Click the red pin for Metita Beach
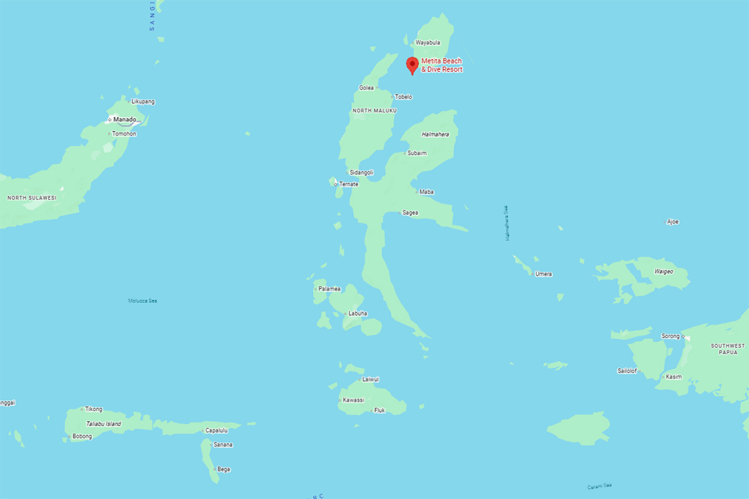coord(412,64)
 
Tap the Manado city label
coord(124,119)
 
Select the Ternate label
coord(348,184)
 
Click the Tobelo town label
coord(403,97)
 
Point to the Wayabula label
coord(428,42)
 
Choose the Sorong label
coord(670,336)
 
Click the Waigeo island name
coord(663,271)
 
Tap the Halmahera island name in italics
coord(435,134)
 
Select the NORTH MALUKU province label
coord(374,110)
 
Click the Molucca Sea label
coord(142,301)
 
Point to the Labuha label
coord(358,313)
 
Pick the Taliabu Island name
coord(104,424)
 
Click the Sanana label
coord(223,445)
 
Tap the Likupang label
coord(143,101)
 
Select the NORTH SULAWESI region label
coord(32,198)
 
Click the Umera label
coord(543,274)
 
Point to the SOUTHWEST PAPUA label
coord(728,349)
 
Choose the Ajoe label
coord(672,221)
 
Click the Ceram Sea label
coord(599,487)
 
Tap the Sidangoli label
coord(361,172)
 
